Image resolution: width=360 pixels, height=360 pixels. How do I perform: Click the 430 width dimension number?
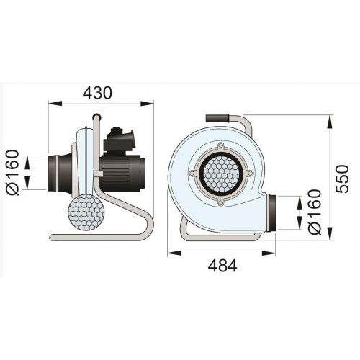pyautogui.click(x=97, y=93)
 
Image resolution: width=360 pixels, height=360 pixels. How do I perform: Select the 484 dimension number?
pyautogui.click(x=222, y=266)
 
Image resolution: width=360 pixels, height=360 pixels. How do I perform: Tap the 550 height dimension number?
pyautogui.click(x=341, y=179)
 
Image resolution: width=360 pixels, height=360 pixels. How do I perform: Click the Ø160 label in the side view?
pyautogui.click(x=12, y=173)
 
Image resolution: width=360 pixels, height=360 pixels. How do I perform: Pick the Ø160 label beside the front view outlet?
pyautogui.click(x=315, y=212)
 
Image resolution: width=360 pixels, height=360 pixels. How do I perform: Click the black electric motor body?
pyautogui.click(x=123, y=174)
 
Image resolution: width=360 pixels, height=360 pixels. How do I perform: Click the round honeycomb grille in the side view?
pyautogui.click(x=86, y=212)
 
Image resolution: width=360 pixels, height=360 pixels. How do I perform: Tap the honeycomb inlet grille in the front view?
pyautogui.click(x=221, y=174)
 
